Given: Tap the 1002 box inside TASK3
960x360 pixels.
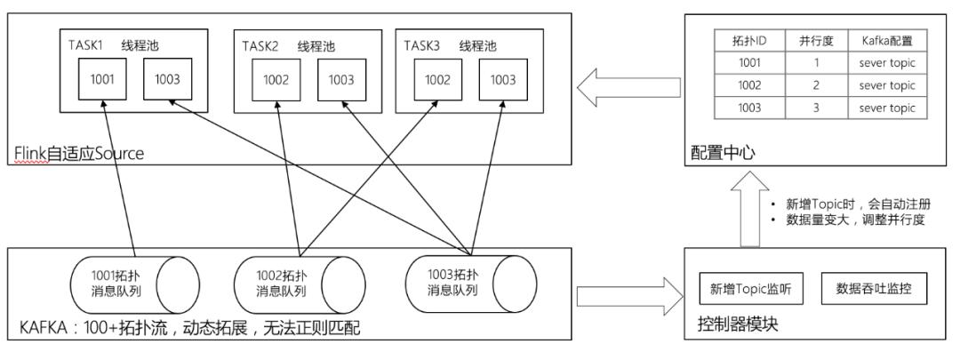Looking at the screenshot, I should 437,79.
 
